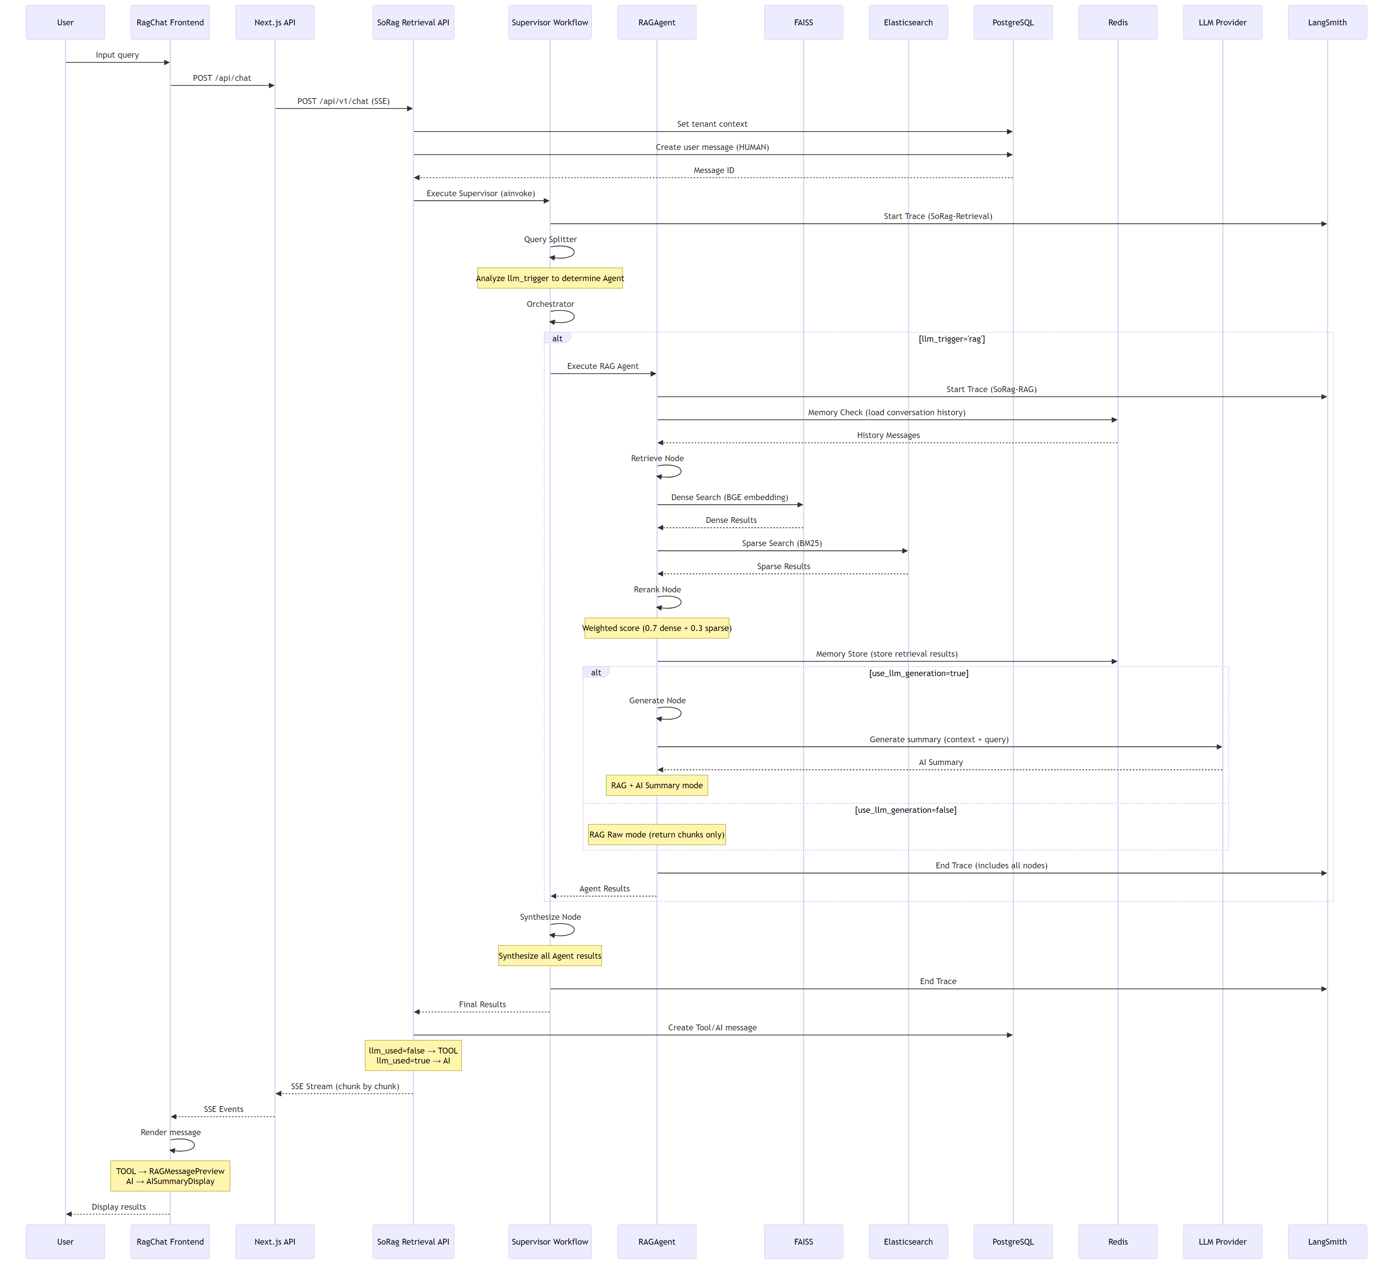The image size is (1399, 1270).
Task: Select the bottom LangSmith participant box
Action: point(1327,1242)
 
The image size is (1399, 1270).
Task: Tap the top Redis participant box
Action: point(1117,22)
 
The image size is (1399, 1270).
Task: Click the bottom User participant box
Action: point(65,1242)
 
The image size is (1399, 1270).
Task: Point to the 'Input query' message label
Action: point(117,55)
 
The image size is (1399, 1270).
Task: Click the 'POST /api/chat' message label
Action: point(222,78)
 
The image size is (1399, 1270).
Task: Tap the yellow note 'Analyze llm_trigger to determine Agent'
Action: point(550,278)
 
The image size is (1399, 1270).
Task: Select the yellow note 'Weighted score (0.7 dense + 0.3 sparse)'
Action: point(657,628)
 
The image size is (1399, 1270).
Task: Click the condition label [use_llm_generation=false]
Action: point(906,810)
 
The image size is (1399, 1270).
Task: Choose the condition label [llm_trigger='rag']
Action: point(952,339)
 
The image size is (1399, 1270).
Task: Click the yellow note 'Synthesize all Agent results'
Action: point(550,955)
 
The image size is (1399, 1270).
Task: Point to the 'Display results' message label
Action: point(119,1207)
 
